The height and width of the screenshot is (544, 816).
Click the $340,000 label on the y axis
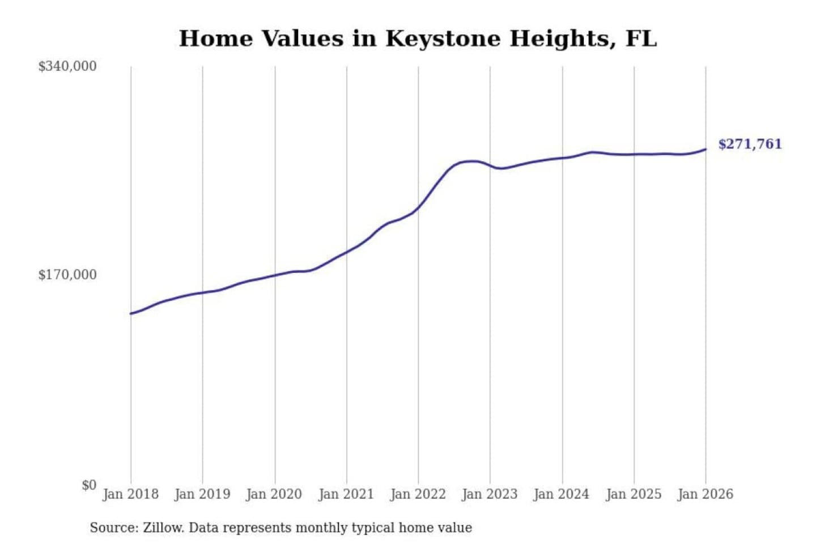tap(67, 66)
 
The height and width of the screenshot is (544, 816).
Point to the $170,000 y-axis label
tap(67, 275)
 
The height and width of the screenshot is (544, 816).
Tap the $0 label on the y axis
tap(89, 485)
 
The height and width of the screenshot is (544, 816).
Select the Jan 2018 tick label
tap(130, 494)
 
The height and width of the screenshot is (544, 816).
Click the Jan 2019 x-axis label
tap(202, 494)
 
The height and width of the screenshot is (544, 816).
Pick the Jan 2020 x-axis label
tap(274, 494)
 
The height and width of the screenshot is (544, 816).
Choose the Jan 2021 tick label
tap(346, 494)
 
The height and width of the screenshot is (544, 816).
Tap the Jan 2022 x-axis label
tap(418, 494)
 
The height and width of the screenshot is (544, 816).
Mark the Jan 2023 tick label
tap(490, 494)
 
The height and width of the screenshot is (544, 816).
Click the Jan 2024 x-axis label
tap(562, 494)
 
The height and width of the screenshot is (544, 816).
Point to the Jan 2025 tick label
tap(634, 494)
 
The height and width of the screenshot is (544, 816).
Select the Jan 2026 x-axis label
tap(705, 494)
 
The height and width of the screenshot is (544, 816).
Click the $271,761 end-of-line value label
tap(750, 144)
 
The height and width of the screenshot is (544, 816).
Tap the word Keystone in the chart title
tap(443, 39)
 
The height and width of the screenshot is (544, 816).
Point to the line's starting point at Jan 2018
tap(131, 313)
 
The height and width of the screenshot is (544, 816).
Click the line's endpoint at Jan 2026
tap(705, 149)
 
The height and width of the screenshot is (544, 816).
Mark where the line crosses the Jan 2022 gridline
tap(419, 207)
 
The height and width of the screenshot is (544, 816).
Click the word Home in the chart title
tap(216, 39)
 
